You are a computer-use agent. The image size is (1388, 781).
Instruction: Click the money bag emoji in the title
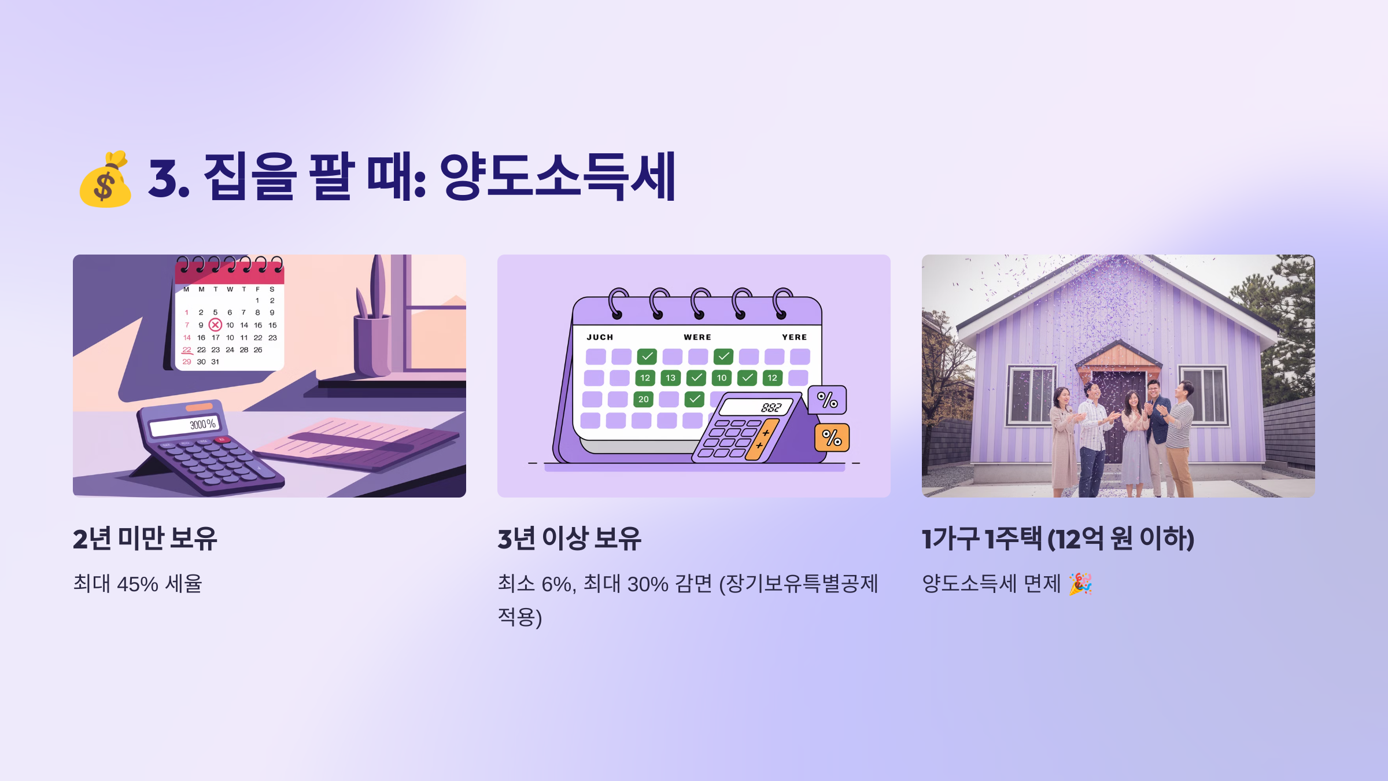coord(105,179)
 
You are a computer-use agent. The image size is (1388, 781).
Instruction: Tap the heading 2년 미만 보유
coord(145,539)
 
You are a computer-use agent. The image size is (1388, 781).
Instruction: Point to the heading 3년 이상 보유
coord(569,539)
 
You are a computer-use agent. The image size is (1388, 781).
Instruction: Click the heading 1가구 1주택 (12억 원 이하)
coord(1058,539)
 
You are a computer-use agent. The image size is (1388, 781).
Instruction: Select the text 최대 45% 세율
coord(138,584)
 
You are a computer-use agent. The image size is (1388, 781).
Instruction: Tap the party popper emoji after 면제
coord(1080,584)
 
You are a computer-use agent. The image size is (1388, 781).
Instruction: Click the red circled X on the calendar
coord(215,325)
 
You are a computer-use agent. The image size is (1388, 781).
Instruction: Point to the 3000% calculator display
coord(184,426)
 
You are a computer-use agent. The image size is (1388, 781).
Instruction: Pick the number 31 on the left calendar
coord(215,362)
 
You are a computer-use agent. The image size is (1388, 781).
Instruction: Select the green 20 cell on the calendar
coord(643,399)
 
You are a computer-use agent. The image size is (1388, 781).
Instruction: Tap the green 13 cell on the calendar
coord(670,378)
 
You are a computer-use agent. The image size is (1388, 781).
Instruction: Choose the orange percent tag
coord(832,438)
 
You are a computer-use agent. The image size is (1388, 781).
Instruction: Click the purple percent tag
coord(827,400)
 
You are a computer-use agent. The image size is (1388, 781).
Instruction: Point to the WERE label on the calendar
coord(697,337)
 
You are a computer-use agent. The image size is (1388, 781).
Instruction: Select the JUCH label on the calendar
coord(600,337)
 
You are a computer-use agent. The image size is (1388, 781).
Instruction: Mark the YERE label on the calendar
coord(794,337)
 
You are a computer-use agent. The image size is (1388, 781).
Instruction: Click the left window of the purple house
coord(1031,395)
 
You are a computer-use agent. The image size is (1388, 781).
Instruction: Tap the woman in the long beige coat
coord(1062,440)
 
